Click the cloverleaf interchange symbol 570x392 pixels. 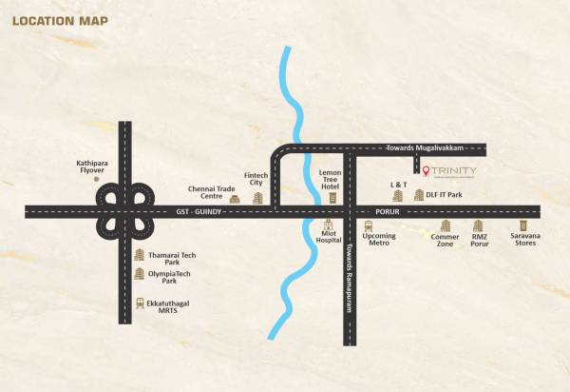pyautogui.click(x=124, y=210)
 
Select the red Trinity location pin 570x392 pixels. pyautogui.click(x=427, y=172)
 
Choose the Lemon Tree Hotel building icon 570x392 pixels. pyautogui.click(x=331, y=198)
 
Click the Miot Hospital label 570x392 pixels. pyautogui.click(x=329, y=237)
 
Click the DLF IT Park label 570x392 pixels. pyautogui.click(x=444, y=195)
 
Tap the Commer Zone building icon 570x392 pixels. pyautogui.click(x=445, y=225)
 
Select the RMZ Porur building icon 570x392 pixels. pyautogui.click(x=479, y=225)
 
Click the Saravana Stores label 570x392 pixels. pyautogui.click(x=523, y=239)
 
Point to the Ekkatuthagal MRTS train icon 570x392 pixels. pyautogui.click(x=141, y=304)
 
